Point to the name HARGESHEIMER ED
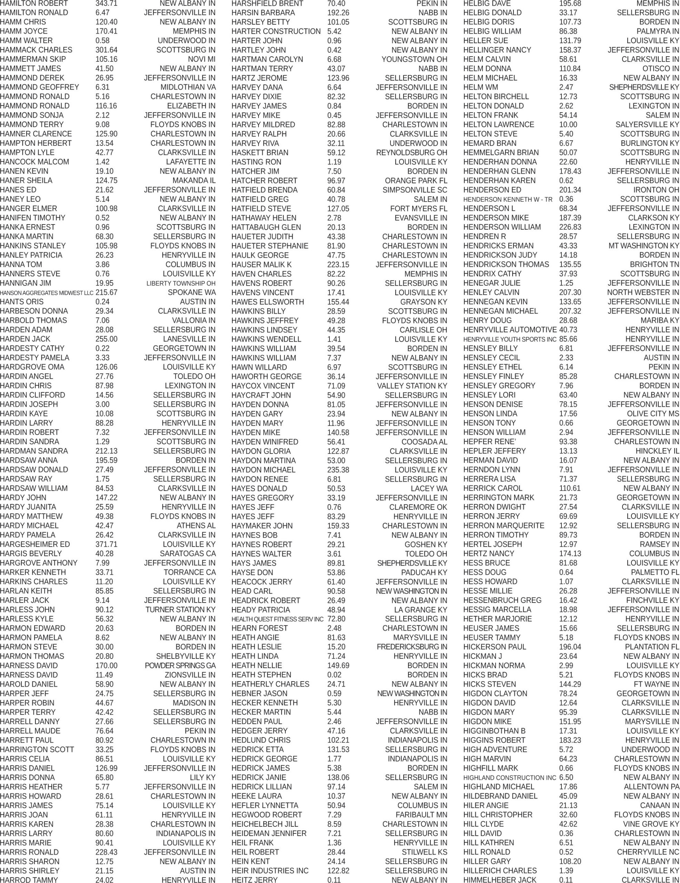(35, 545)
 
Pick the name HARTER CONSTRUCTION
(276, 31)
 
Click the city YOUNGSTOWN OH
(414, 59)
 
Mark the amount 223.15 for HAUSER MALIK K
(338, 265)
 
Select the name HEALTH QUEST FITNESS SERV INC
(277, 619)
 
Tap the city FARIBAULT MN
(422, 815)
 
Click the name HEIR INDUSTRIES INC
(270, 871)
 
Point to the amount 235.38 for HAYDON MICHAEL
(338, 470)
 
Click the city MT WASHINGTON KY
(643, 246)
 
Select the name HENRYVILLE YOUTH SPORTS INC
(509, 339)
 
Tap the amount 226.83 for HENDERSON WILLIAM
(570, 227)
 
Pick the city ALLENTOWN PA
(651, 787)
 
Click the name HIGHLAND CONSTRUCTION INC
(509, 777)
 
